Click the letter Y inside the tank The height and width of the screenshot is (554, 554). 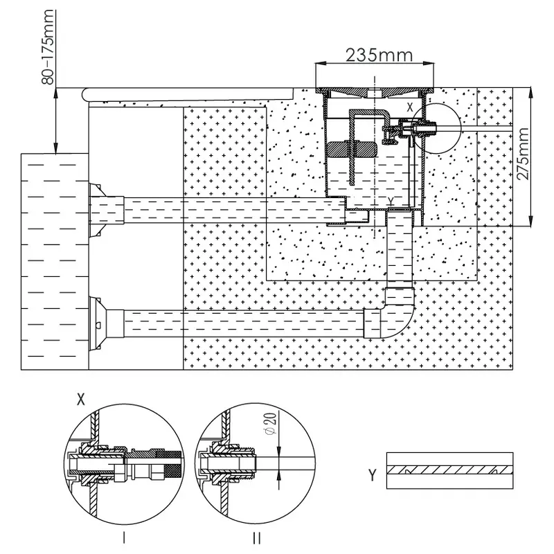pyautogui.click(x=391, y=200)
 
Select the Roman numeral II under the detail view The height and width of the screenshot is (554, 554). pyautogui.click(x=257, y=537)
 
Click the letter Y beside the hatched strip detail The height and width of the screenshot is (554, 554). pyautogui.click(x=373, y=474)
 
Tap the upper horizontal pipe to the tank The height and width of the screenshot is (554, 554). pyautogui.click(x=229, y=208)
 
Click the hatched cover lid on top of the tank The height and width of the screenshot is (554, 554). pyautogui.click(x=375, y=90)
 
